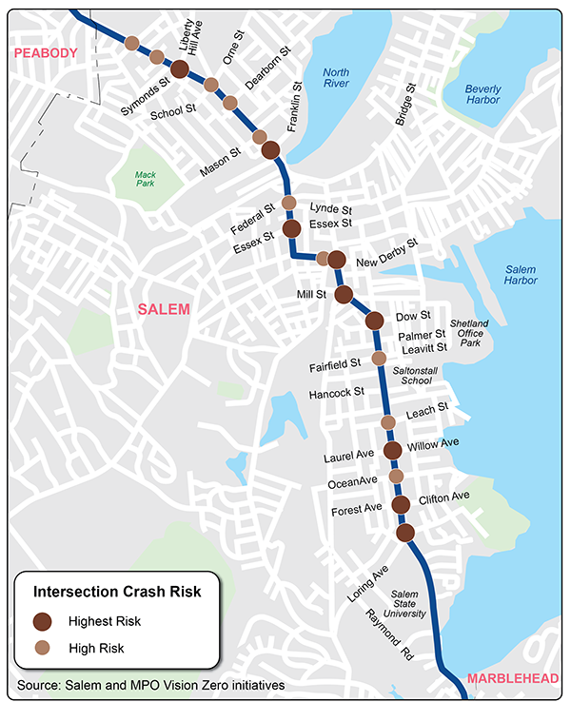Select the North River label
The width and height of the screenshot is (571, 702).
[x=336, y=79]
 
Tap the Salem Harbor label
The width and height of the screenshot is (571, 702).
[x=522, y=274]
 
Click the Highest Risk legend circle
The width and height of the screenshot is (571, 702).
[x=43, y=621]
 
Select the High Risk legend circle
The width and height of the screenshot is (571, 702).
[x=43, y=648]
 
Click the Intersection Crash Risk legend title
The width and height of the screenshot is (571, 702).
[x=117, y=592]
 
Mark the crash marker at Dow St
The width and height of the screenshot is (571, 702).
[x=374, y=321]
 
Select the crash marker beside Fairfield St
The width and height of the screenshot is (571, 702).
[x=379, y=358]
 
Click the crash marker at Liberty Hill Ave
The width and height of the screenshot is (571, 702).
[x=178, y=68]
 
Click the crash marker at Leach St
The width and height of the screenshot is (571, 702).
[x=387, y=421]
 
